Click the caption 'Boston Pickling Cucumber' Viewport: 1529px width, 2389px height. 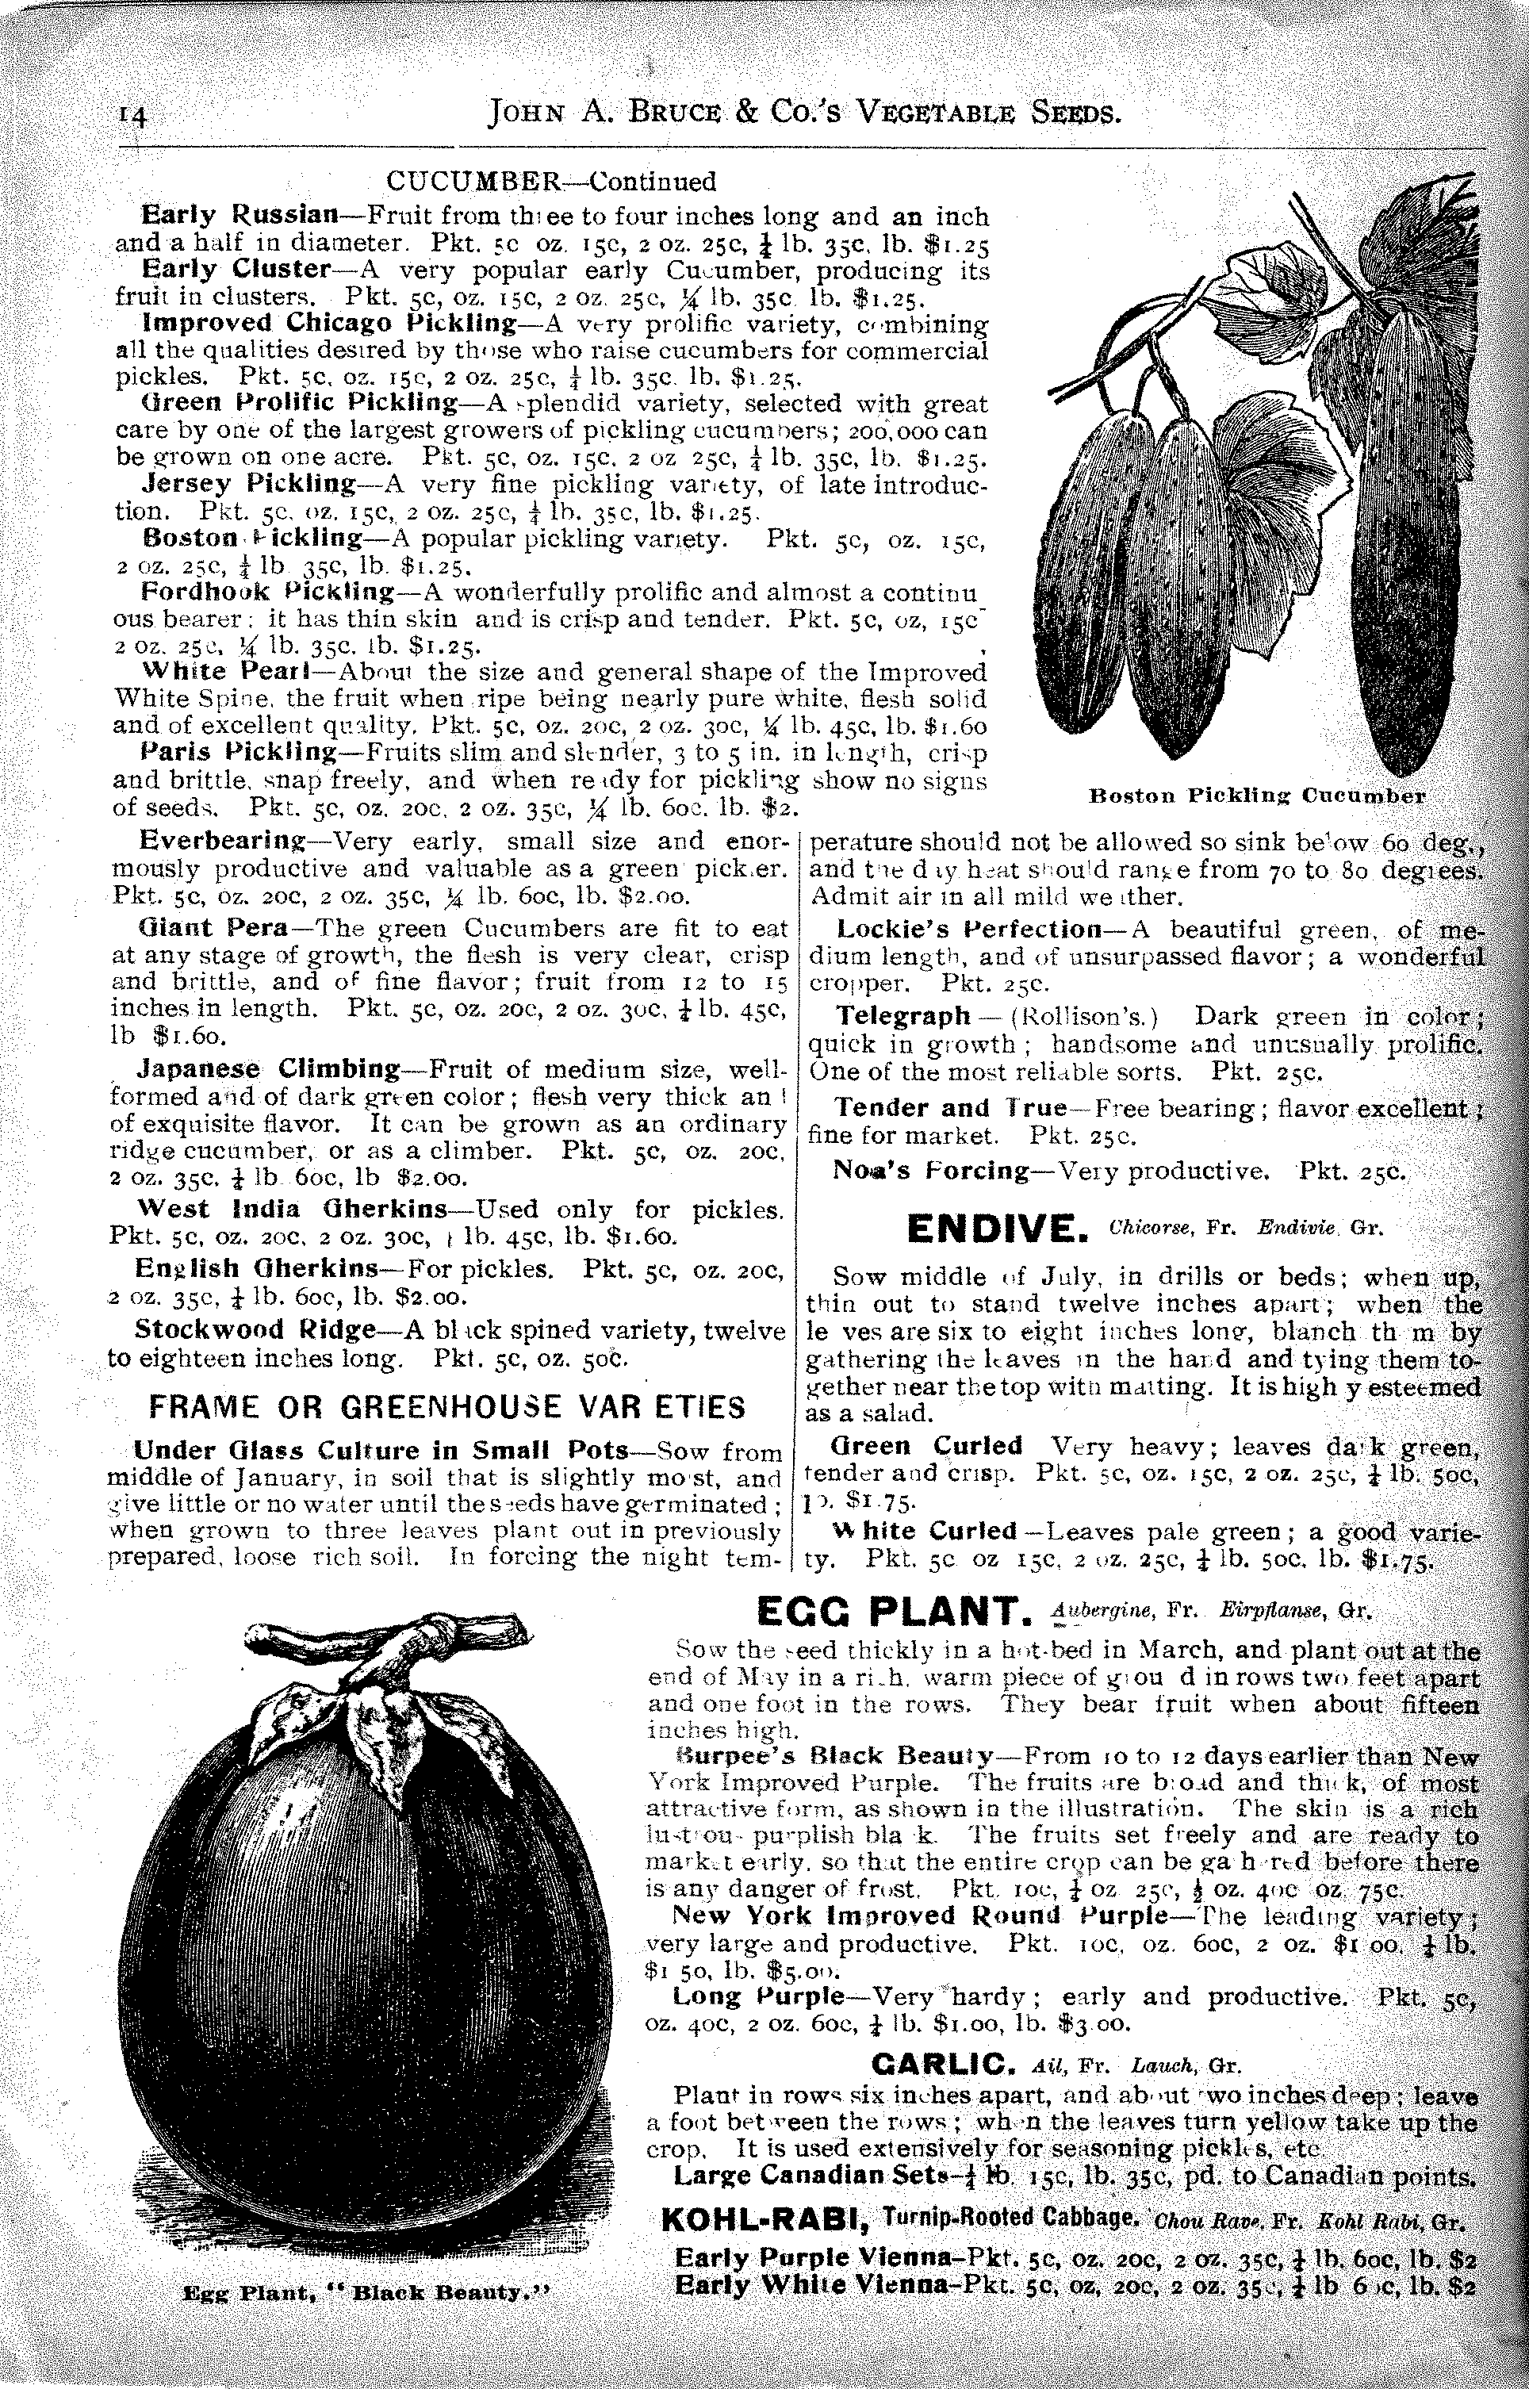pyautogui.click(x=1256, y=796)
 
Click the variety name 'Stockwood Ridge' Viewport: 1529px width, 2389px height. pyautogui.click(x=254, y=1329)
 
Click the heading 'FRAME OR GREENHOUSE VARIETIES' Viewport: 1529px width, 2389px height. pyautogui.click(x=446, y=1406)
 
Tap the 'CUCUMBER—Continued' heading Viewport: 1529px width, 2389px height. pyautogui.click(x=550, y=182)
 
